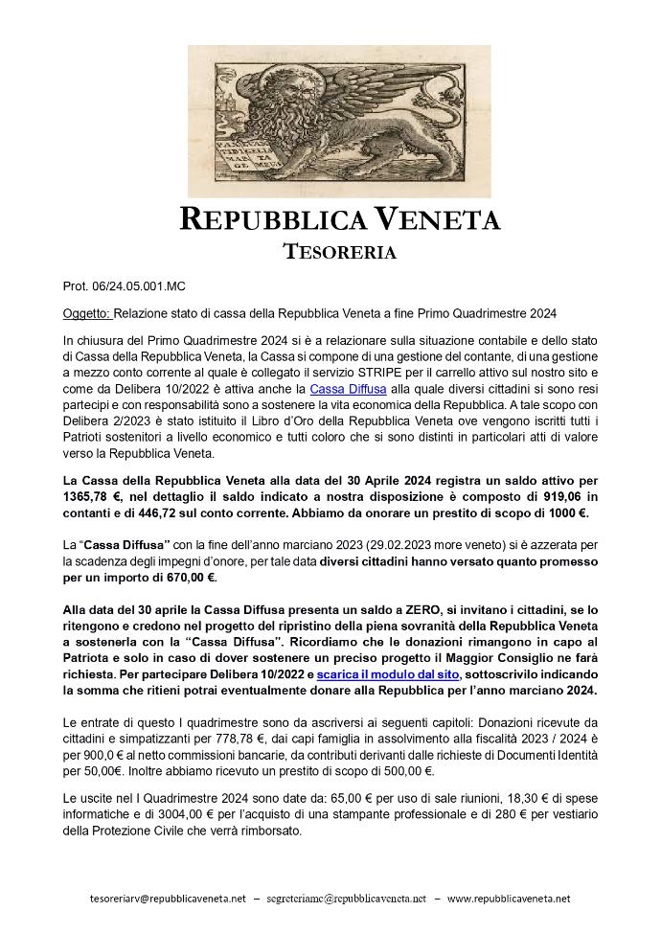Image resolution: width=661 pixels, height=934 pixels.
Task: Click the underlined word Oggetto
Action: tap(86, 314)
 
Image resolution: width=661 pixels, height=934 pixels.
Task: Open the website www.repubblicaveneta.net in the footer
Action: tap(509, 899)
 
